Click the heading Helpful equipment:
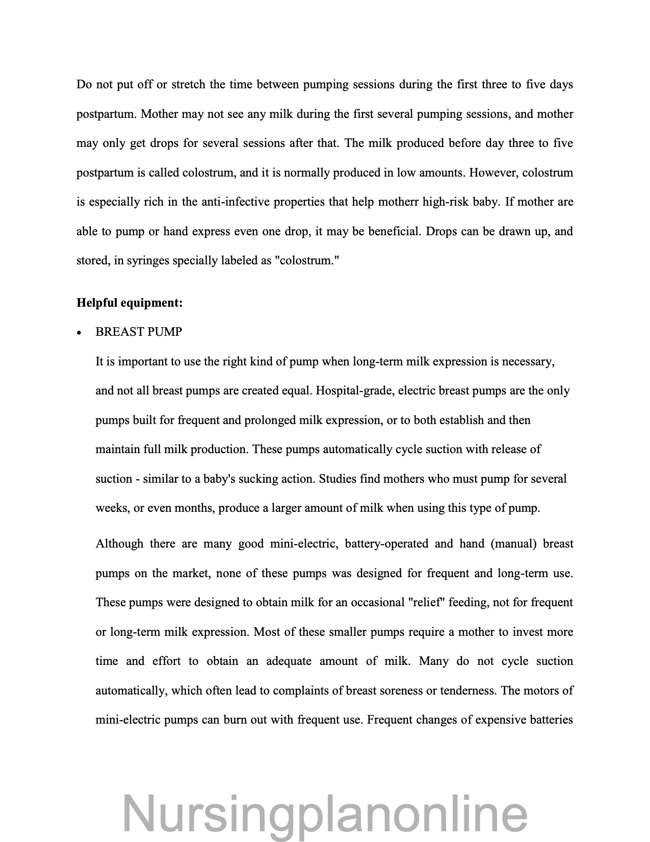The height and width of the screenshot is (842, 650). (129, 303)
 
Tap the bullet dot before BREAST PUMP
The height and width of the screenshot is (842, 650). (79, 333)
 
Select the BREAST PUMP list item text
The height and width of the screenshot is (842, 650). (139, 332)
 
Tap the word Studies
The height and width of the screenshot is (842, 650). (337, 479)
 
